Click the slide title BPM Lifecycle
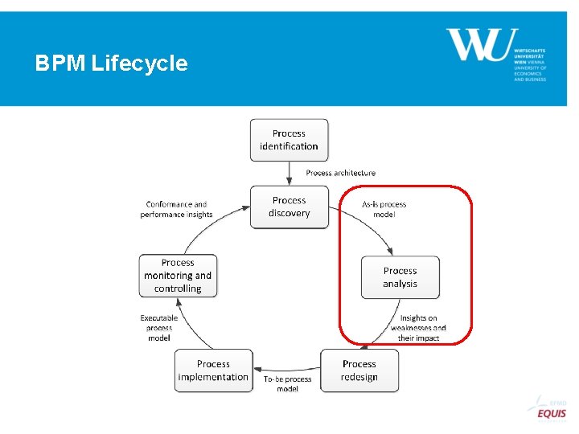pos(111,63)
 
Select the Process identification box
pos(289,140)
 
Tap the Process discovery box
pos(289,207)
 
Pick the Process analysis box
pos(400,277)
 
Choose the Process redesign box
pos(359,371)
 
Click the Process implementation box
pos(213,371)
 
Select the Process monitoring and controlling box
pos(178,276)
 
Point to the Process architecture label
pos(340,173)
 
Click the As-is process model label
pos(384,209)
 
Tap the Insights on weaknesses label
pos(418,328)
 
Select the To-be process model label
pos(287,384)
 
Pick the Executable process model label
pos(159,328)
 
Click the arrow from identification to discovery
pos(289,173)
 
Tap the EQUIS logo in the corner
pos(551,412)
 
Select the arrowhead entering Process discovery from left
pos(245,208)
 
